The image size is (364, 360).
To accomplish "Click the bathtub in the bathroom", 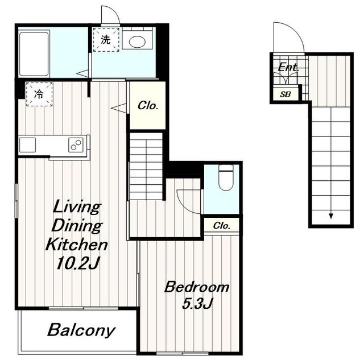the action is pos(34,54).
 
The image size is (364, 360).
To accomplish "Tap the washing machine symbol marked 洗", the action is pos(106,40).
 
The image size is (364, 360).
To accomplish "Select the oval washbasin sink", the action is pos(137,42).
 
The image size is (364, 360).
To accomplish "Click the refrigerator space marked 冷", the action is pos(39,94).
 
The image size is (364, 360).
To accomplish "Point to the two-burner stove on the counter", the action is pos(76,144).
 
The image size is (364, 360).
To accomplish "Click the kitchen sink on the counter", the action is pos(27,145).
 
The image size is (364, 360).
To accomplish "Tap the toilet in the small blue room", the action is pos(226,177).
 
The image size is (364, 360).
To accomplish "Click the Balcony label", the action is pos(81,330).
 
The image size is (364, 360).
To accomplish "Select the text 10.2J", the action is pos(78,263).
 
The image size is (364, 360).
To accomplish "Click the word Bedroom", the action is pos(197,287).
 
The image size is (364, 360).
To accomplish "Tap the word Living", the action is pos(77,207).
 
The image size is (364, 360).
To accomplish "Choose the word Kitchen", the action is pos(77,244).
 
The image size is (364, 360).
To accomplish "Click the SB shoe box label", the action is pos(285,94).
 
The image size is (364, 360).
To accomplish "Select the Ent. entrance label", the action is pos(288,67).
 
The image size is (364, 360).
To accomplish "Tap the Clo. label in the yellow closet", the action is pos(148,106).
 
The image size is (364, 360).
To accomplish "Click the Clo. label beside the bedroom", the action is pos(222,225).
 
